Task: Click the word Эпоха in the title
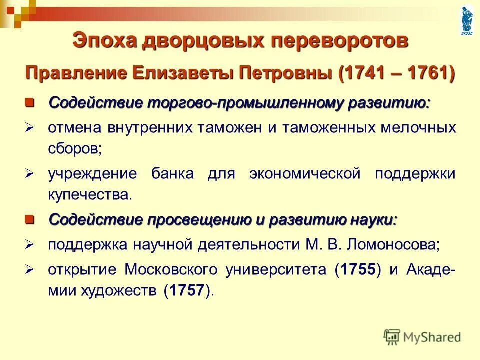click(104, 40)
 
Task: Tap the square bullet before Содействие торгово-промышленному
click(31, 103)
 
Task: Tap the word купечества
click(91, 195)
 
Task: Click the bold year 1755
click(358, 270)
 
